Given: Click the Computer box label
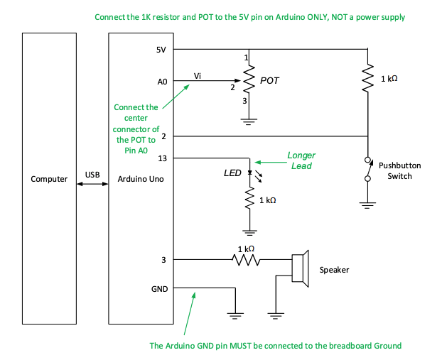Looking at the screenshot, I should (49, 179).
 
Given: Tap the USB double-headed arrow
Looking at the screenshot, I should (92, 184).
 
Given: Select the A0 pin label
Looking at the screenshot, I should (163, 82).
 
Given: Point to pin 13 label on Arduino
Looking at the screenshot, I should (163, 158).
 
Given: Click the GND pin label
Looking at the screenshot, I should (161, 289).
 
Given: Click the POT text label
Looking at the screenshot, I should (269, 80).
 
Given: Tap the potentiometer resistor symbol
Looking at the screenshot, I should (248, 80).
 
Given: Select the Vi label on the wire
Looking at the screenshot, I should (198, 75).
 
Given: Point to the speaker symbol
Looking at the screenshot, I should (300, 269).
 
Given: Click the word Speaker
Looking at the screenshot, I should (334, 270).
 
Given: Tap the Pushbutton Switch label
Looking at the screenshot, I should (399, 170).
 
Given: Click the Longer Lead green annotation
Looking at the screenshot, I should (301, 160).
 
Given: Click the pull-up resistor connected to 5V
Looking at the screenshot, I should (367, 79).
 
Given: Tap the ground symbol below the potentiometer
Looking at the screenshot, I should (248, 120).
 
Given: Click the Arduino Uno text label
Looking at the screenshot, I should (141, 179).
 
